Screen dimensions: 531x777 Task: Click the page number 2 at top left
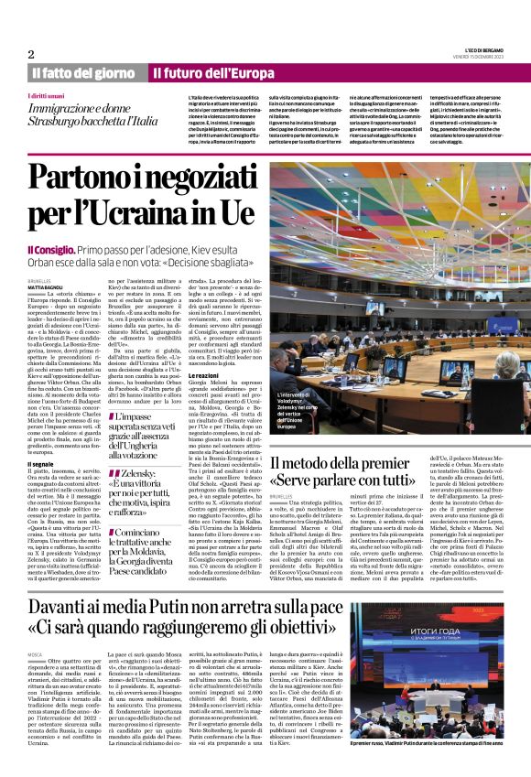(31, 53)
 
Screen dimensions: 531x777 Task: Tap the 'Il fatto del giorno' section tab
(83, 72)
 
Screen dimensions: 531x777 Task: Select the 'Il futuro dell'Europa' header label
(204, 72)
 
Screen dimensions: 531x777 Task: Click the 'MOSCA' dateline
(36, 631)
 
